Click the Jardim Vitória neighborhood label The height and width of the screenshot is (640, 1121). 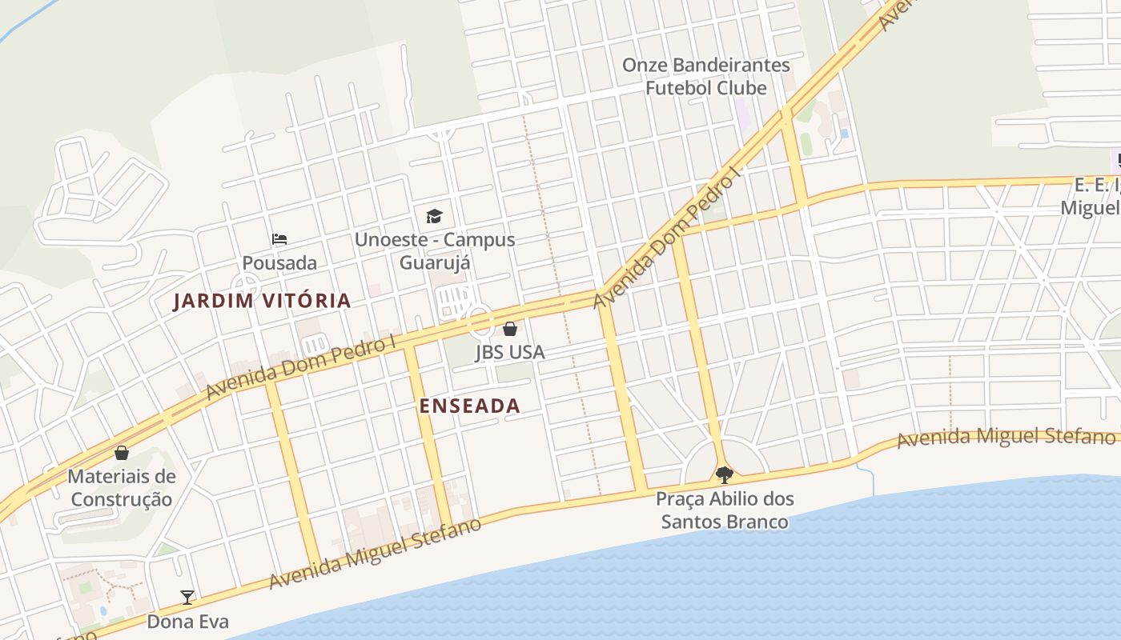263,301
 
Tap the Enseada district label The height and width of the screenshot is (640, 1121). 470,406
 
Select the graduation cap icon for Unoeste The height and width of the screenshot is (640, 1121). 434,216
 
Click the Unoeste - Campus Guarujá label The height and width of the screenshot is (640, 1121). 435,250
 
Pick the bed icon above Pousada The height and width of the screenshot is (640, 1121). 279,238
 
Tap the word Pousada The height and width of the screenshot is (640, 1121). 279,262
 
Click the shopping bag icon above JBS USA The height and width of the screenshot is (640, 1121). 510,329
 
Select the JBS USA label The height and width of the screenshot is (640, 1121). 509,352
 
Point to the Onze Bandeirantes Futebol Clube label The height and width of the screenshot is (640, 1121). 706,76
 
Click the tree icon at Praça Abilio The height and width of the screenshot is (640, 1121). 725,475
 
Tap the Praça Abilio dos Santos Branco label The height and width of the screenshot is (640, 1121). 725,510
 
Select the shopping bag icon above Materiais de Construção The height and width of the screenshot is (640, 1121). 122,454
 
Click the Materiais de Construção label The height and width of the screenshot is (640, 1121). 121,488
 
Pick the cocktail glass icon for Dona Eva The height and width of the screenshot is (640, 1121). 187,597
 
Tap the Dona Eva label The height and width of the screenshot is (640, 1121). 187,622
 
